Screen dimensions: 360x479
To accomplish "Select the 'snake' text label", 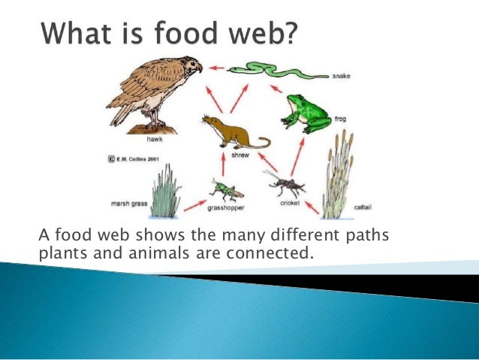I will pos(342,76).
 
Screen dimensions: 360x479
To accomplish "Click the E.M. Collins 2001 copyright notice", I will pos(137,159).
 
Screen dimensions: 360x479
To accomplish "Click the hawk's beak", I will pos(198,68).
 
